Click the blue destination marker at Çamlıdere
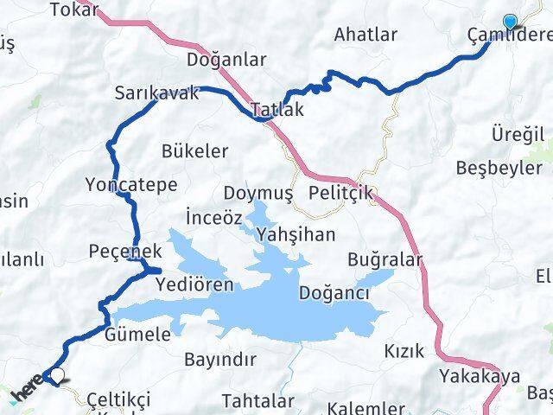click(x=510, y=22)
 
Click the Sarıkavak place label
click(x=156, y=93)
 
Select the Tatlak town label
click(x=276, y=110)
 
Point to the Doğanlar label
click(x=226, y=60)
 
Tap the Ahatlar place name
click(x=366, y=35)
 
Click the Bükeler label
click(x=194, y=151)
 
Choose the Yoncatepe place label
click(x=130, y=183)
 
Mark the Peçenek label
click(x=125, y=251)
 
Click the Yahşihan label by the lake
click(x=302, y=234)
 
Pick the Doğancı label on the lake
click(x=334, y=292)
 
